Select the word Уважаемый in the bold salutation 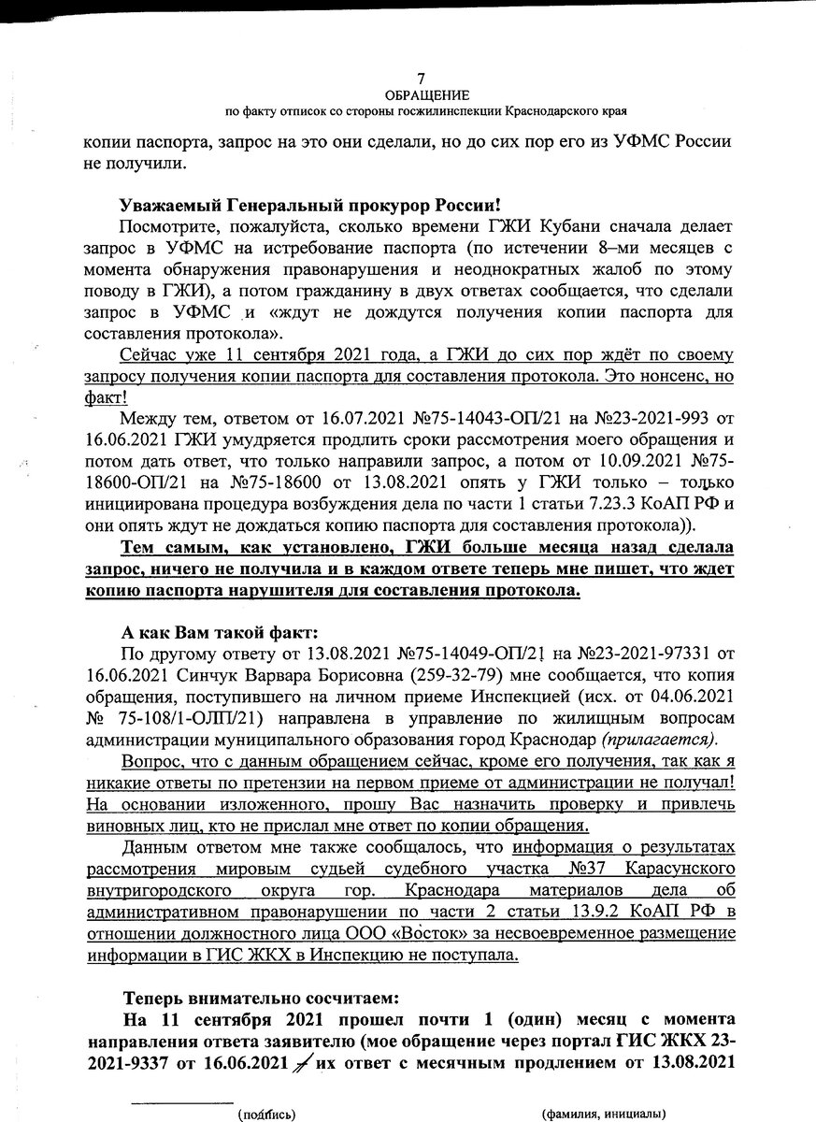[x=165, y=206]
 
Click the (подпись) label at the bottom [x=266, y=1114]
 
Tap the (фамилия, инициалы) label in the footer [x=603, y=1114]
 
